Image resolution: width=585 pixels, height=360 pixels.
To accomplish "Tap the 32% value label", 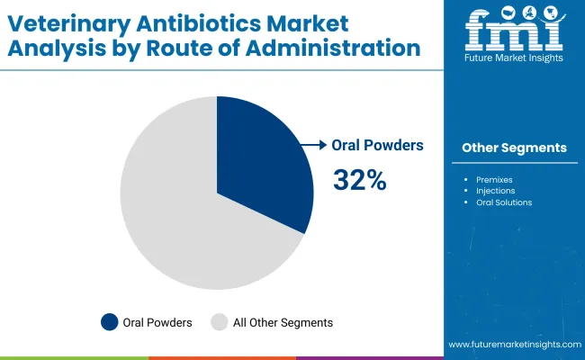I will point(359,180).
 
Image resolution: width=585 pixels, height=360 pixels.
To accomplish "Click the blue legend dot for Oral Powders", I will point(110,322).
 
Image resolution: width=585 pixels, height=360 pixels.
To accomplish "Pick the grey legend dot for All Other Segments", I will point(219,322).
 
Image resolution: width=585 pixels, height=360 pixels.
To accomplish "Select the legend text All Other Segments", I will point(283,322).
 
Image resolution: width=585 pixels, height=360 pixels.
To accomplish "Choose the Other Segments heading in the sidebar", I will point(514,148).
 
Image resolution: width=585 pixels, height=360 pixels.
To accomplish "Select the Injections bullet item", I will point(495,190).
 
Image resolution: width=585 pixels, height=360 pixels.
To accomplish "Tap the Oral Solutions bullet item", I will point(504,202).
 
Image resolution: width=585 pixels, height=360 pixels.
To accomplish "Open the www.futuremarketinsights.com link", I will point(511,345).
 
